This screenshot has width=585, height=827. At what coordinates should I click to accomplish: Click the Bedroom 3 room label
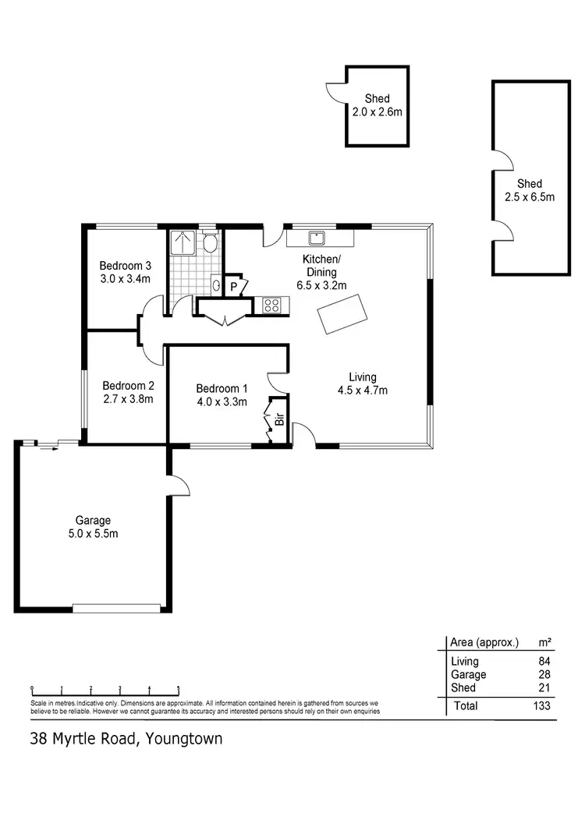pyautogui.click(x=125, y=263)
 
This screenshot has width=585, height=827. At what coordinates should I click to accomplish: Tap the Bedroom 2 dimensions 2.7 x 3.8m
pyautogui.click(x=128, y=399)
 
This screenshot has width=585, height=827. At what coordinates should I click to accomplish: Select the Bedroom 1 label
pyautogui.click(x=222, y=388)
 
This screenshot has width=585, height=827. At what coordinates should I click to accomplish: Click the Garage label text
pyautogui.click(x=93, y=520)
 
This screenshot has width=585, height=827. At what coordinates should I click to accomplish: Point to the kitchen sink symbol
pyautogui.click(x=317, y=237)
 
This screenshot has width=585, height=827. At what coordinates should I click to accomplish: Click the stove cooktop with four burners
pyautogui.click(x=271, y=306)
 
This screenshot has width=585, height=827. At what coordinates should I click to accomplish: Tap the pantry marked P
pyautogui.click(x=234, y=287)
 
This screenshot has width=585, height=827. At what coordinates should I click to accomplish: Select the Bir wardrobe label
pyautogui.click(x=278, y=422)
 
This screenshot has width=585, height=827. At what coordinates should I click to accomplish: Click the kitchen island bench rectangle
pyautogui.click(x=343, y=314)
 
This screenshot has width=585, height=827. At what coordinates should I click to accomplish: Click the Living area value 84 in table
pyautogui.click(x=544, y=662)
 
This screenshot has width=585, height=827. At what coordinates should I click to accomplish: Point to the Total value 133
pyautogui.click(x=541, y=706)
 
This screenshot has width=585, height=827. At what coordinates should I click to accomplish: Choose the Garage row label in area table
pyautogui.click(x=469, y=675)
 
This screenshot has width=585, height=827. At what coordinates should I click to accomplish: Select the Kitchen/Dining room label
pyautogui.click(x=321, y=266)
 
